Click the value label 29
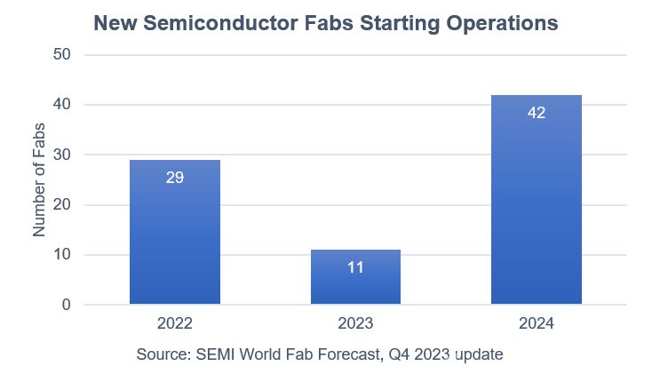pyautogui.click(x=175, y=178)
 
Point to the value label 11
pyautogui.click(x=355, y=267)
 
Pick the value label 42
pyautogui.click(x=536, y=113)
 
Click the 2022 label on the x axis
pyautogui.click(x=175, y=323)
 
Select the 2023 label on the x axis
pyautogui.click(x=355, y=323)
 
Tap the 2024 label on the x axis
pyautogui.click(x=536, y=323)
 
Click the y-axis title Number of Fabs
pyautogui.click(x=39, y=180)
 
